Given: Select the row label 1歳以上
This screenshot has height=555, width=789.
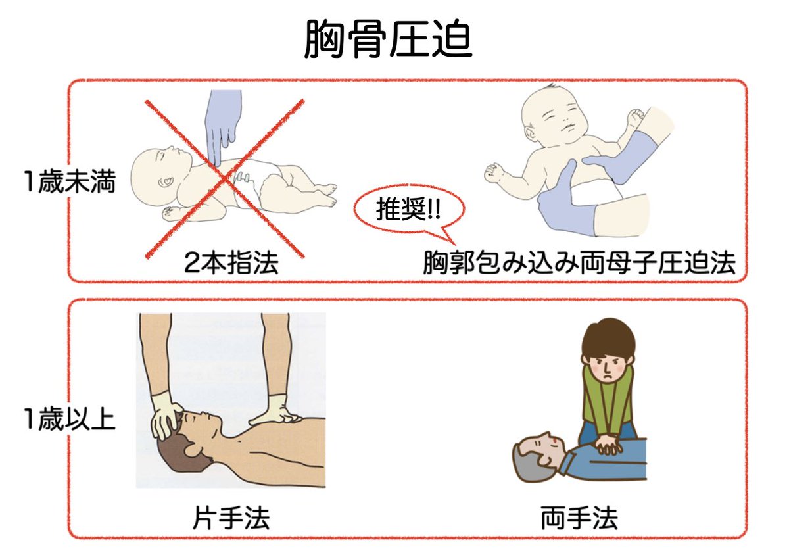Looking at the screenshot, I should [67, 419].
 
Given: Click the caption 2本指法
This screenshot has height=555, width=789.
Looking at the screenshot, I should [231, 264].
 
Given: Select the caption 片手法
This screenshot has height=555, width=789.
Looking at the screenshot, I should [232, 519].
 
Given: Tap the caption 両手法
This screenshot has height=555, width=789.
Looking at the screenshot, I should [579, 519].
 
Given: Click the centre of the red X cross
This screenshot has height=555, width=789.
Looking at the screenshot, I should [226, 178].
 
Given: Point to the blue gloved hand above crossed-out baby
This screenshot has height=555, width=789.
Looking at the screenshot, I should [220, 122].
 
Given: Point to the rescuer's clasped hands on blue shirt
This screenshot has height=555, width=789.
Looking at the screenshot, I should [608, 445].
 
